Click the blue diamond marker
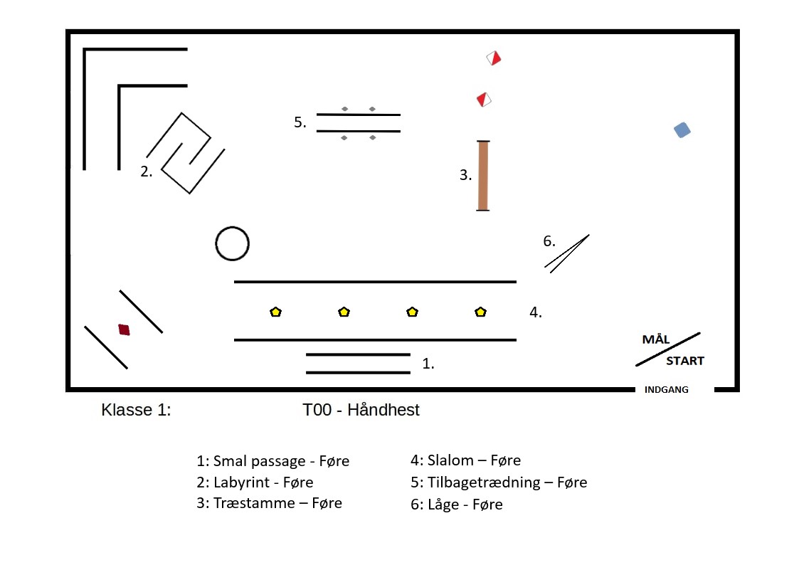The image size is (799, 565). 682,130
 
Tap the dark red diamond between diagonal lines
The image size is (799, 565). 125,329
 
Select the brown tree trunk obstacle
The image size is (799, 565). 483,176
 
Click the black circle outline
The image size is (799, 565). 232,244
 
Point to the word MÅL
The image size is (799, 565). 656,339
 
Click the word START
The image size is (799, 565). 684,361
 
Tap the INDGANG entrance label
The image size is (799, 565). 666,390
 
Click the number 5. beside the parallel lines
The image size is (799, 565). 300,122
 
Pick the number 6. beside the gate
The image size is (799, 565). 549,241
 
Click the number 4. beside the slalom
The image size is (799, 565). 536,312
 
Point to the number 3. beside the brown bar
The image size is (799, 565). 465,175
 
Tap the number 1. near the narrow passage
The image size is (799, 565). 428,364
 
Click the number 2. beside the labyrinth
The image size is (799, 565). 147,171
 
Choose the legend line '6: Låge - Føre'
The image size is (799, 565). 456,505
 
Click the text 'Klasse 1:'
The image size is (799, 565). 137,410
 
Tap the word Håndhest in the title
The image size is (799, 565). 383,410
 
